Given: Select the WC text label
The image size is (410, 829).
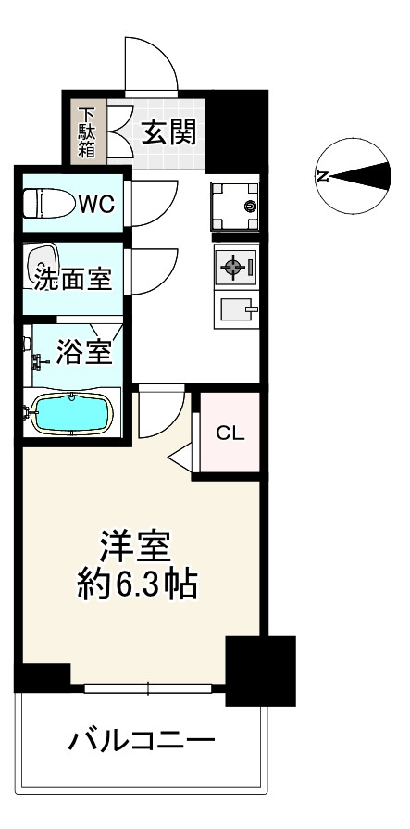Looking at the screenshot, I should click(95, 204).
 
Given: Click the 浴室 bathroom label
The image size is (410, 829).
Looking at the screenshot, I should click(85, 351).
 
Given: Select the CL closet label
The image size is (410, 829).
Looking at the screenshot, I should click(230, 433).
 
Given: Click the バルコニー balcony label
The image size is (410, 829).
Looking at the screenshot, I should click(141, 741).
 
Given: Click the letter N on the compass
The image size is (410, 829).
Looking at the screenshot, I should click(323, 176).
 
